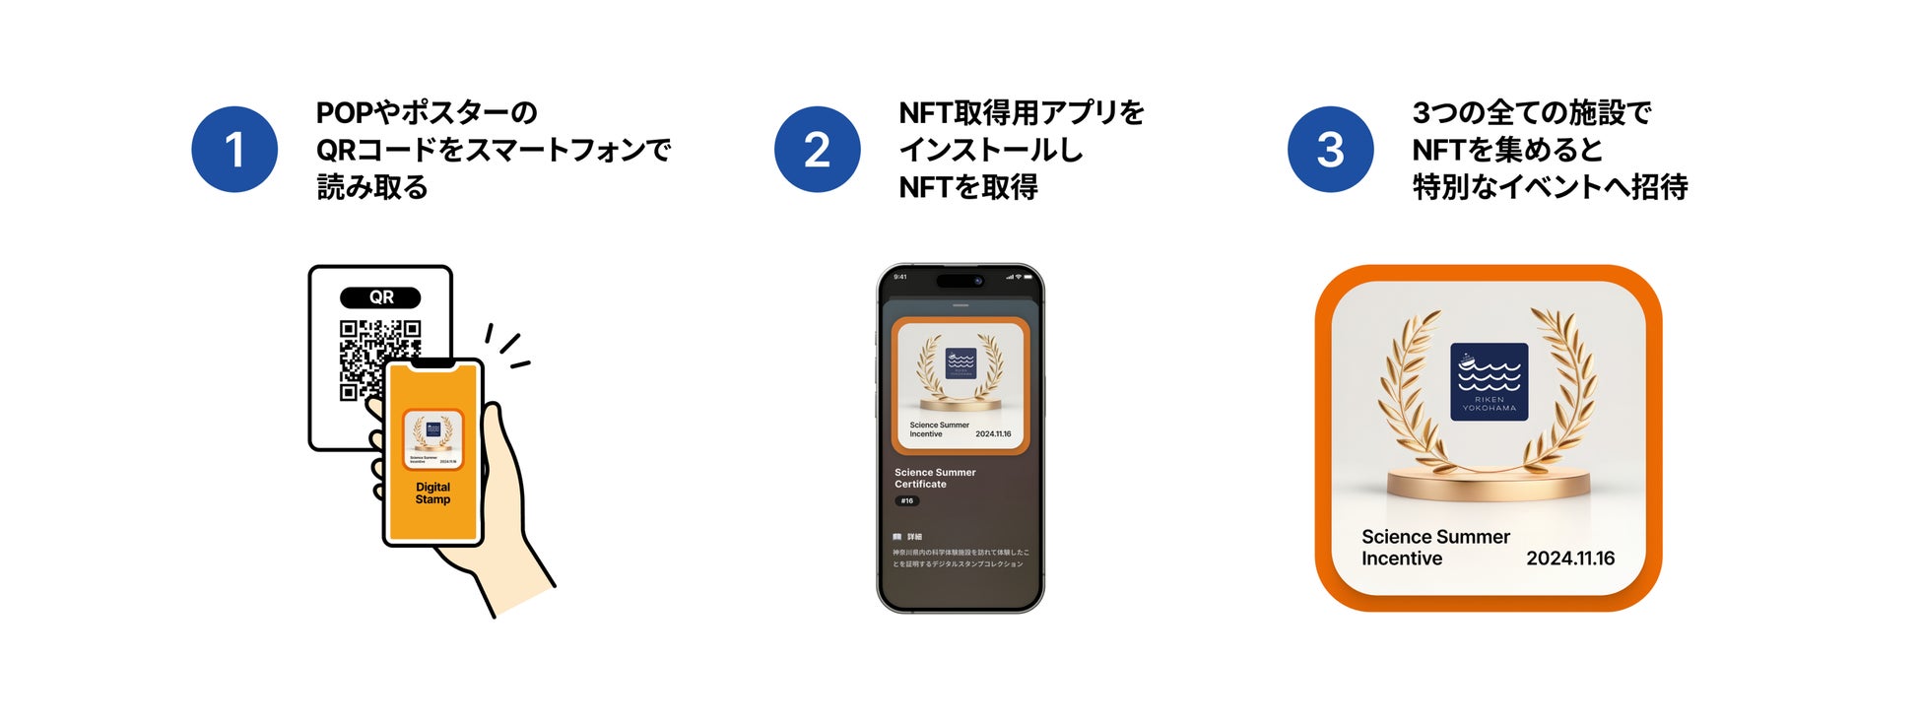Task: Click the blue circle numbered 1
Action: pos(234,150)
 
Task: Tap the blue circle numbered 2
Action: pos(817,150)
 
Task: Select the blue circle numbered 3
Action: pos(1330,150)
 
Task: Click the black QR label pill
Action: pos(380,297)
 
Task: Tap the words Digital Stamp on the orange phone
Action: pos(432,493)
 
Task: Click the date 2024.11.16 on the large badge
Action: pos(1570,558)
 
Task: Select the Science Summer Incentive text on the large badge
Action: pos(1434,548)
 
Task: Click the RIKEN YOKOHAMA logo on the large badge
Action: pos(1489,382)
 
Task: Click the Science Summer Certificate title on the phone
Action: pos(934,478)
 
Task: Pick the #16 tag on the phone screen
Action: pos(906,501)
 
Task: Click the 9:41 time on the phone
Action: pos(899,277)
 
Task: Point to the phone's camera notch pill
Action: pos(960,281)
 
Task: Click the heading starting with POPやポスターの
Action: pos(427,112)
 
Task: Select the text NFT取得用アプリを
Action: pos(1022,112)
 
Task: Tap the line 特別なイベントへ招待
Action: pos(1550,187)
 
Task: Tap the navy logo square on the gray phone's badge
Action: pos(960,363)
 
